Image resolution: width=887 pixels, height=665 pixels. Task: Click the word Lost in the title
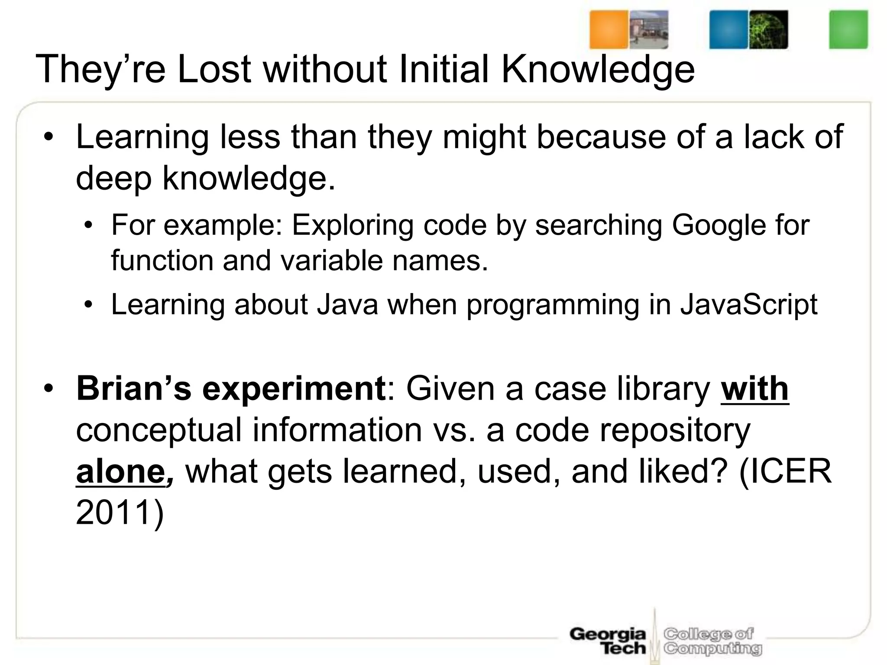click(214, 69)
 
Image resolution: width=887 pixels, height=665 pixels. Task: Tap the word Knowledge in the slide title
click(598, 69)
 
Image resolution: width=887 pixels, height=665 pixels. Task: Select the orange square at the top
click(608, 29)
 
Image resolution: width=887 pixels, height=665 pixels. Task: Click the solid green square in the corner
click(848, 29)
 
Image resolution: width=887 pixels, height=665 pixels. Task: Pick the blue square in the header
click(728, 29)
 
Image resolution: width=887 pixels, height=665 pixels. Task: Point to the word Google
click(719, 225)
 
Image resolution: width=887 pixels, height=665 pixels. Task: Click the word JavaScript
click(749, 304)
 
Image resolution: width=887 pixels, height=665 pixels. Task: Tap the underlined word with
click(754, 389)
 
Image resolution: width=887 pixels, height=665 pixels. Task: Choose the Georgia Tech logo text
click(608, 641)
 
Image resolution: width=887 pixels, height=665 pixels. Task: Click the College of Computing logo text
click(712, 641)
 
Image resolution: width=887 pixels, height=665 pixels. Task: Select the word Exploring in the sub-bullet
click(353, 225)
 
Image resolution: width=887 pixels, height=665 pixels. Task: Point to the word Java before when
click(348, 304)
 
